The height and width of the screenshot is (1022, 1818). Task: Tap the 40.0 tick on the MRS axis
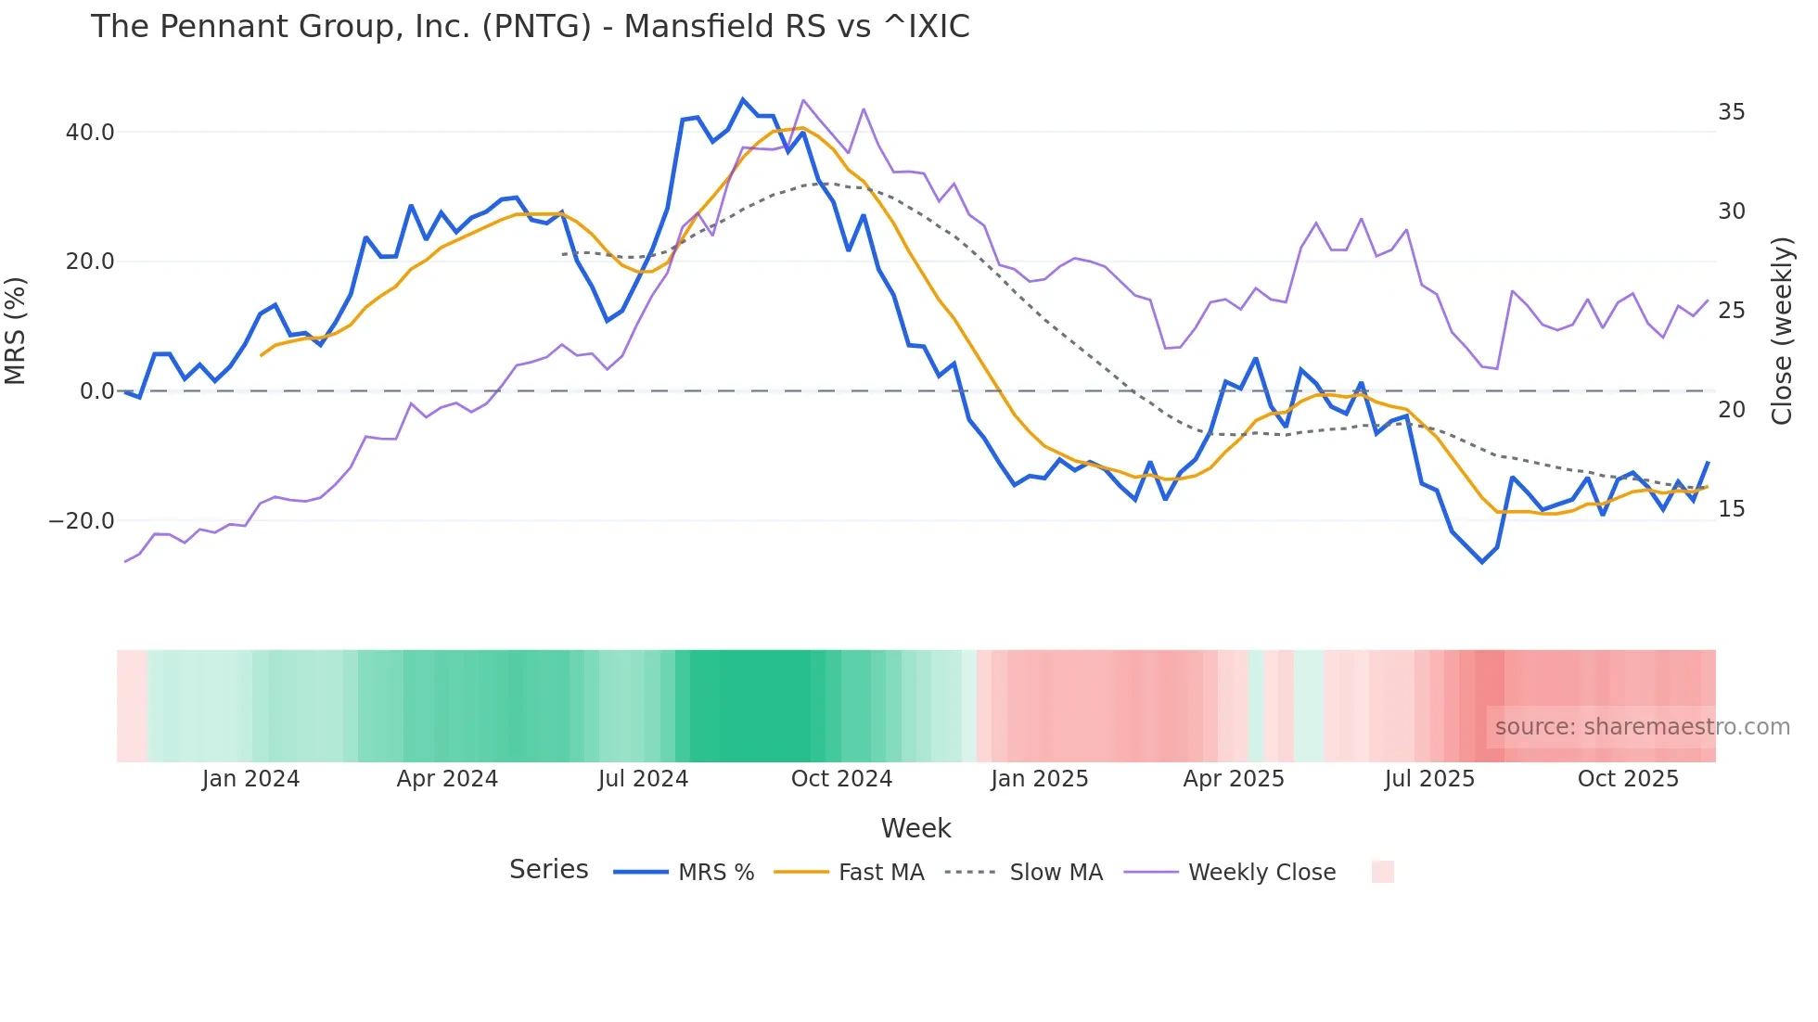coord(90,133)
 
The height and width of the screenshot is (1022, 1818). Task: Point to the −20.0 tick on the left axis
coord(82,521)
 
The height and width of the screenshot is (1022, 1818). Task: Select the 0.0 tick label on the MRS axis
coord(97,391)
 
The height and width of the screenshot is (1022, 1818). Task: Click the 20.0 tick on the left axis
coord(90,262)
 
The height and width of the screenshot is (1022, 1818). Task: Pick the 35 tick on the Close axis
coord(1731,112)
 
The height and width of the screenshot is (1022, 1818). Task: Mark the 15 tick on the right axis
coord(1731,509)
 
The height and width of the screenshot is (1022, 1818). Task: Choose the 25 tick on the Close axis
coord(1731,311)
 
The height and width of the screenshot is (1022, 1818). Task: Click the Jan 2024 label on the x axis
coord(250,779)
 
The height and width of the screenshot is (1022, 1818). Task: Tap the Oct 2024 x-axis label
coord(841,779)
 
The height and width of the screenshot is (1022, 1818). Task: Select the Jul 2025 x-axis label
coord(1429,779)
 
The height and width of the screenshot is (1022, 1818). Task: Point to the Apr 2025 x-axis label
coord(1234,779)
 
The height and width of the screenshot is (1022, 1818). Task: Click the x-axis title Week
coord(915,828)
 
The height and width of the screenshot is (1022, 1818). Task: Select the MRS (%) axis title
coord(16,330)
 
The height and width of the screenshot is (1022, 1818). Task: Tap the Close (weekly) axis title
coord(1782,331)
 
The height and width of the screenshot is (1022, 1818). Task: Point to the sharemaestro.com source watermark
coord(1642,727)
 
